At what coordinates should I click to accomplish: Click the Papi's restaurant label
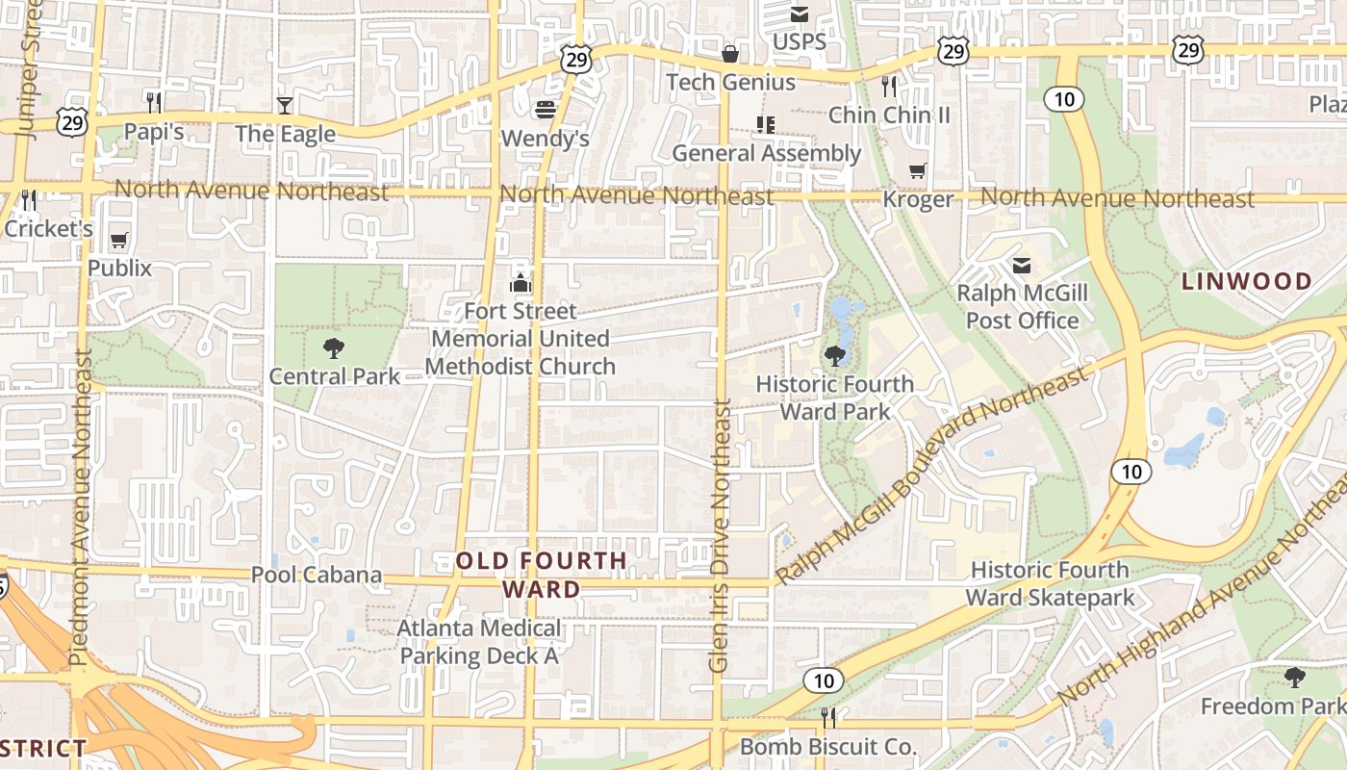(x=154, y=132)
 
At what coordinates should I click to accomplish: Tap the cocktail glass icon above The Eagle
(x=285, y=105)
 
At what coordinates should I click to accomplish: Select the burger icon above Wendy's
(x=546, y=110)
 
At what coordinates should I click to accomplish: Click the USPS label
(x=800, y=42)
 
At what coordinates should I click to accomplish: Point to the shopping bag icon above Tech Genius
(x=730, y=54)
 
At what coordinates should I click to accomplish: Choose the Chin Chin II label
(x=889, y=115)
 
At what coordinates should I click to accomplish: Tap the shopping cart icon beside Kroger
(x=918, y=171)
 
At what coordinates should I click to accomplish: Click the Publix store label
(x=120, y=268)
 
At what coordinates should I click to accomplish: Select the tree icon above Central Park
(x=334, y=347)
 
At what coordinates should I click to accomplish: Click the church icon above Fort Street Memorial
(x=521, y=283)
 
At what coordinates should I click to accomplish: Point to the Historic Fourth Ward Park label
(x=834, y=398)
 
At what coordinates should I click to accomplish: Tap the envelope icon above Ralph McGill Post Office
(x=1022, y=265)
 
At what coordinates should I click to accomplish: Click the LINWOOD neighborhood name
(x=1247, y=282)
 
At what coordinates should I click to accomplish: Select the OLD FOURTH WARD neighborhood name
(x=542, y=575)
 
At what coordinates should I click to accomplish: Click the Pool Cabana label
(x=317, y=576)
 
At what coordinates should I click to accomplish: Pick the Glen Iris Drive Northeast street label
(x=720, y=535)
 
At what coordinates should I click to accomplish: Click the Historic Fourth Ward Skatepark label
(x=1050, y=584)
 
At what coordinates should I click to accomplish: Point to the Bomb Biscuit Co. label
(x=828, y=747)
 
